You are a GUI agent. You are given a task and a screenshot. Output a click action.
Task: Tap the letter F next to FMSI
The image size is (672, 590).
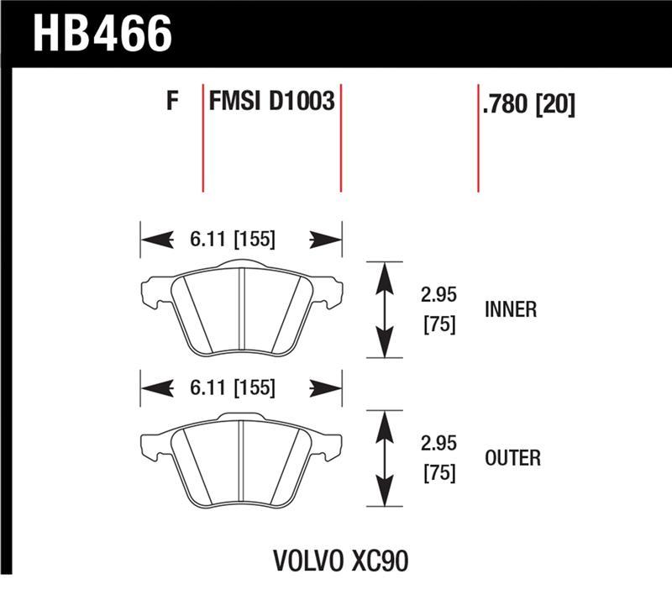172,103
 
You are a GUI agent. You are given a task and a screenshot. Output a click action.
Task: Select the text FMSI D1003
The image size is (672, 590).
271,103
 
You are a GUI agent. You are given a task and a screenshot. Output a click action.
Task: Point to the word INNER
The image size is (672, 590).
511,310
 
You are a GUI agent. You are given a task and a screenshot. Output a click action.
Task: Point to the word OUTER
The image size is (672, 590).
512,458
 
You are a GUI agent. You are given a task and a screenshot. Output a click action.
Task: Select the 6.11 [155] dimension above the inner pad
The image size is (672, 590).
228,240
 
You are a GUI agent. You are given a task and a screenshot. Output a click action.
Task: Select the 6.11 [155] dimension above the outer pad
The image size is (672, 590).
228,388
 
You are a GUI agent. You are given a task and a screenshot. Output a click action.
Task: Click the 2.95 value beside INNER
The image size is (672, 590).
438,296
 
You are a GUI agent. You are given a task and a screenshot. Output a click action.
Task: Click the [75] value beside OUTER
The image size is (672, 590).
438,473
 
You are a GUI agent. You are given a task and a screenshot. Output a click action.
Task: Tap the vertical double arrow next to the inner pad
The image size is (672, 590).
384,310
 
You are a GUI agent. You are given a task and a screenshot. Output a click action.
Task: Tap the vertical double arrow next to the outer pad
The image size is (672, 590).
384,458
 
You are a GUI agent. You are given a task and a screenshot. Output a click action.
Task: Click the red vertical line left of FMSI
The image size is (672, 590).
202,139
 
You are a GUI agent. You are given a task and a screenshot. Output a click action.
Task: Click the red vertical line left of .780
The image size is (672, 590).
478,139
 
